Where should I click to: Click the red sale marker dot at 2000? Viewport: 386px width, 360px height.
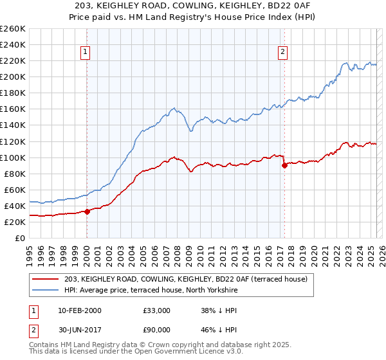87,211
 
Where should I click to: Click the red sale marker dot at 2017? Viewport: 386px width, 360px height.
284,165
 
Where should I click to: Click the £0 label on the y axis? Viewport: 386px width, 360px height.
21,238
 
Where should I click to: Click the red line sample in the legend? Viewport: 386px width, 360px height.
46,279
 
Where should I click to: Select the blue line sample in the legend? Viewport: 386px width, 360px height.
46,290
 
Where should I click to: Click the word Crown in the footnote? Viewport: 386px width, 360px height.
156,346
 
